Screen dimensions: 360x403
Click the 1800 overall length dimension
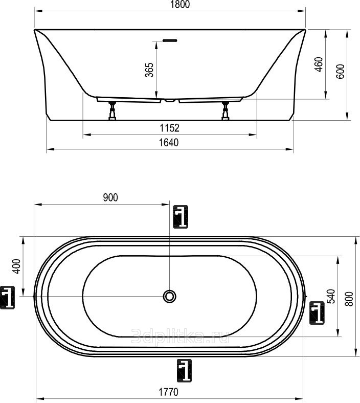click(x=180, y=5)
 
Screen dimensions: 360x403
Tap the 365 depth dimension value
click(x=149, y=70)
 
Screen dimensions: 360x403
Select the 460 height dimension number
click(x=319, y=64)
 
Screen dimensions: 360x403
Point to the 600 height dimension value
click(x=340, y=72)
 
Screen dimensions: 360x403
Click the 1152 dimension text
click(x=170, y=128)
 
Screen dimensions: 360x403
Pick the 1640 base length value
click(x=169, y=142)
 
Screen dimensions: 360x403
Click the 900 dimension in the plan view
click(x=110, y=197)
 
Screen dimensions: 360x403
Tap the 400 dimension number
click(x=16, y=266)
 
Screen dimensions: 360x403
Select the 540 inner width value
click(x=331, y=296)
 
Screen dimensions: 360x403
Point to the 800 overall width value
click(x=349, y=299)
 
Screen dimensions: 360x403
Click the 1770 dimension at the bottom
click(x=168, y=392)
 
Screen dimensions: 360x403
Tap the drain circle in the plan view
click(x=169, y=296)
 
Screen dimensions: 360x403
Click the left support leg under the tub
click(x=112, y=111)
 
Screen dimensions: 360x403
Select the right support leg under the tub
click(x=226, y=111)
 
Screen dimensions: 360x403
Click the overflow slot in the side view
click(x=170, y=40)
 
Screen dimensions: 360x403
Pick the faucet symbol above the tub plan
click(x=181, y=217)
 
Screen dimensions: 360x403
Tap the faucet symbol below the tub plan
click(x=184, y=371)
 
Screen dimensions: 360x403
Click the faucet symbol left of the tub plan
click(x=7, y=297)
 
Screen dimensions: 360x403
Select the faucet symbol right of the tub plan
click(x=317, y=313)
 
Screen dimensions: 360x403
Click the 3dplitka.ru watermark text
click(x=180, y=337)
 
